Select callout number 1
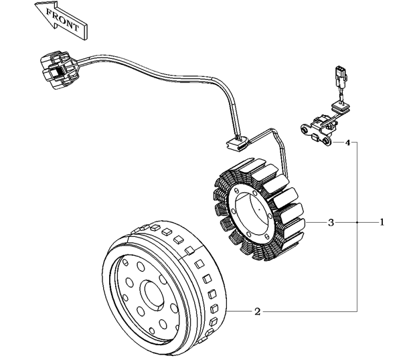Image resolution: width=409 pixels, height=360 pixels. pyautogui.click(x=382, y=221)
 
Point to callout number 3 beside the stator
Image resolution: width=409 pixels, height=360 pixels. pyautogui.click(x=331, y=221)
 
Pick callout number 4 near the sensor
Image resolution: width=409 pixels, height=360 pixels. pyautogui.click(x=347, y=143)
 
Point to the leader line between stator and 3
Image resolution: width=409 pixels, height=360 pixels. pyautogui.click(x=315, y=221)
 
